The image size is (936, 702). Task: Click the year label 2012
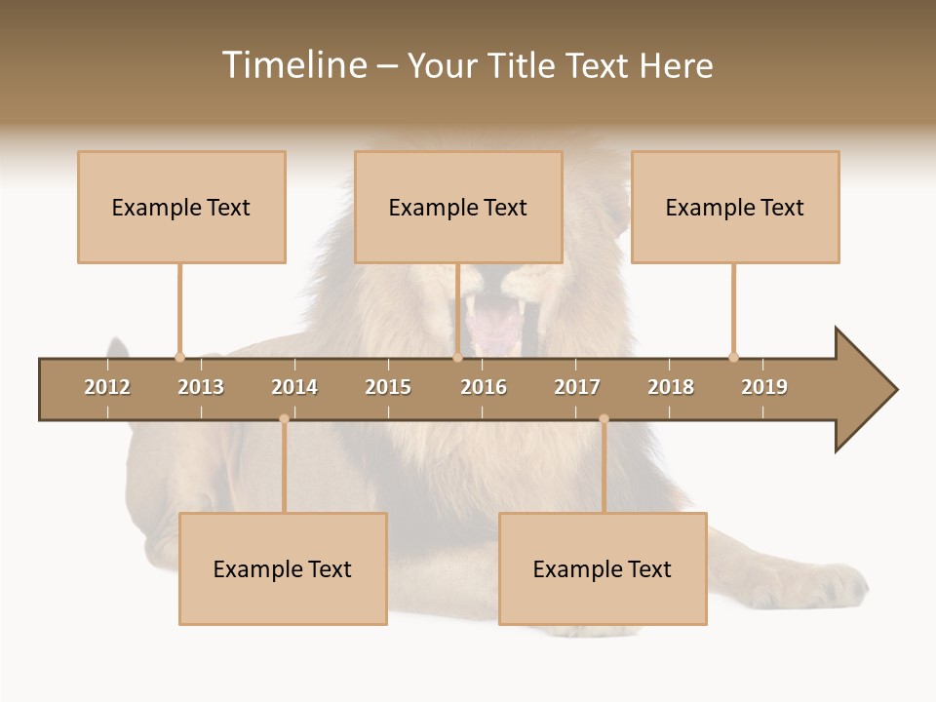[x=107, y=387]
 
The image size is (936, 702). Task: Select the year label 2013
[x=201, y=387]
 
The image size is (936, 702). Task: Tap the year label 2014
[x=294, y=387]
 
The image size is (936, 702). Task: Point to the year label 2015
[x=388, y=387]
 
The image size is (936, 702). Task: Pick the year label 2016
[x=484, y=387]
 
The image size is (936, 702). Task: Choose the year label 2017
[x=577, y=387]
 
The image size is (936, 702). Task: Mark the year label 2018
[x=671, y=387]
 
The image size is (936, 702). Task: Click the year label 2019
[x=764, y=387]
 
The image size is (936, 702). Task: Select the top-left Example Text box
[x=181, y=207]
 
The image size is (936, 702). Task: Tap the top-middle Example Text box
[x=458, y=207]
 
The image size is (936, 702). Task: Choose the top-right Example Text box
[x=735, y=207]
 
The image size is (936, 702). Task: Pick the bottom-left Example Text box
[x=283, y=568]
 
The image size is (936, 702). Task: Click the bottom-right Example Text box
[x=603, y=568]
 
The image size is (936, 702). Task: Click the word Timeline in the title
[x=293, y=65]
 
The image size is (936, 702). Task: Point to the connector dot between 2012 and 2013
[x=179, y=357]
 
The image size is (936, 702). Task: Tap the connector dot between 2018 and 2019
[x=733, y=357]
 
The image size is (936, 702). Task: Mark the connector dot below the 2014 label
[x=284, y=419]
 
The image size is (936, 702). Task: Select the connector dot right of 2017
[x=604, y=419]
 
